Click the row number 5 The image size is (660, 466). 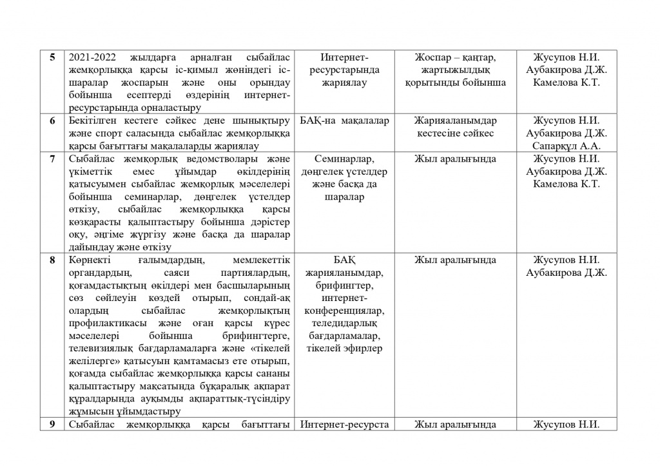[x=53, y=57]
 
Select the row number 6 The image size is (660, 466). [x=53, y=121]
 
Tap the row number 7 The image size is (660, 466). [x=53, y=159]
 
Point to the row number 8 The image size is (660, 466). [x=53, y=260]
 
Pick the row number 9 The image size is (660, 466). [x=53, y=424]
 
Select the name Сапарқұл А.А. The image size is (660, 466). [x=567, y=146]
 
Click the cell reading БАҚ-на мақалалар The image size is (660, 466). [x=344, y=121]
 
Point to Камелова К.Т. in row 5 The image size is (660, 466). [x=567, y=83]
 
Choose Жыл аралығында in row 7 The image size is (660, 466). [x=455, y=159]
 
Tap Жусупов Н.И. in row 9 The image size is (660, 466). [x=567, y=424]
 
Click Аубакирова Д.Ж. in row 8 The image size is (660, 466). [x=567, y=272]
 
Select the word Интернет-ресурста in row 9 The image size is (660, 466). [x=344, y=424]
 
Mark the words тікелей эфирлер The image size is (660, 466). [x=344, y=348]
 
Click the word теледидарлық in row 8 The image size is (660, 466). [x=344, y=323]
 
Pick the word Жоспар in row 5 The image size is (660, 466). [x=433, y=57]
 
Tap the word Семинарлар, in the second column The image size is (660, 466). [x=344, y=159]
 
